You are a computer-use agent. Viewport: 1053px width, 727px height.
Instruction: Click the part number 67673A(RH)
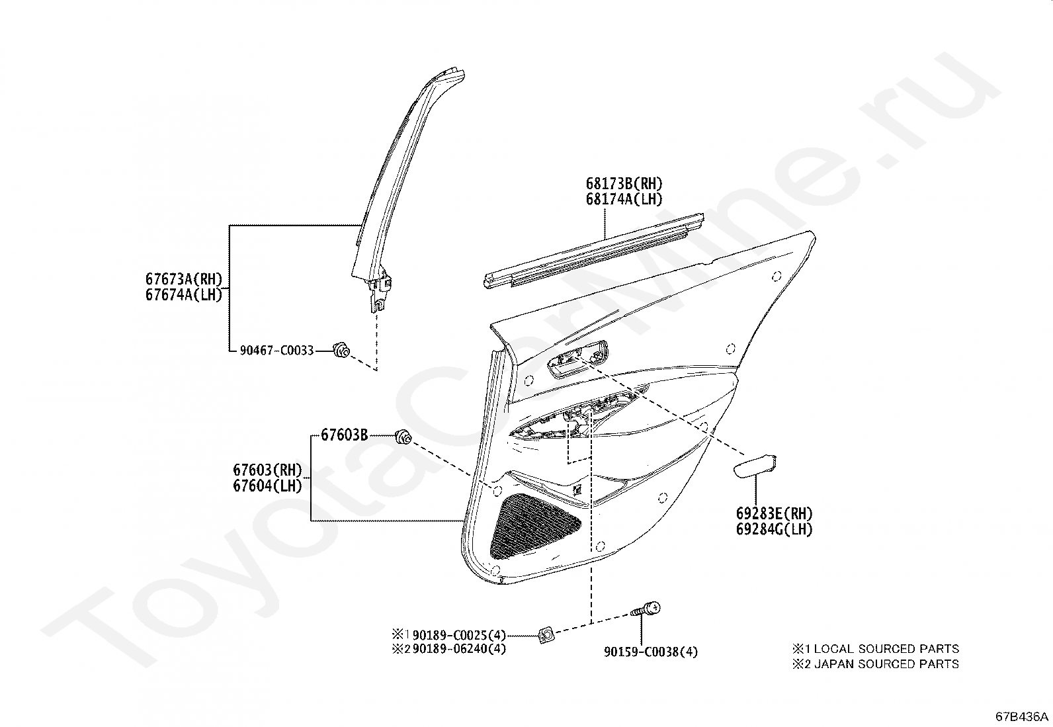184,278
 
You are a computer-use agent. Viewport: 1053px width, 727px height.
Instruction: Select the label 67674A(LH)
184,294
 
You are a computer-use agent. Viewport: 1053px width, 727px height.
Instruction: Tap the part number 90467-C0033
276,351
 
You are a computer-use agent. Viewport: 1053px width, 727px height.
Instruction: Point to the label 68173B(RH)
624,183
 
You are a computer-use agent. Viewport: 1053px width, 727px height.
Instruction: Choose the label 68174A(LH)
624,198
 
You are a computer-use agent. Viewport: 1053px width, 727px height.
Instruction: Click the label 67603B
345,435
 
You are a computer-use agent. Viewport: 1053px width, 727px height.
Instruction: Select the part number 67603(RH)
267,470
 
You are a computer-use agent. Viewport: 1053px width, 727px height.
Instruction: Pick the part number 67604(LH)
267,486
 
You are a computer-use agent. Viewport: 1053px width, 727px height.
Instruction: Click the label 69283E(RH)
774,513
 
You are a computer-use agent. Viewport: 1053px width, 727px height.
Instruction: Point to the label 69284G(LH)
774,529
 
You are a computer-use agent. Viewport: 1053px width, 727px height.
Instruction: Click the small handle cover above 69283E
755,466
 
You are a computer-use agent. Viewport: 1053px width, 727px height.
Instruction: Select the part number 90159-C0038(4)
650,652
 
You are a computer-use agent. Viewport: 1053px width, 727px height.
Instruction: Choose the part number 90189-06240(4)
459,649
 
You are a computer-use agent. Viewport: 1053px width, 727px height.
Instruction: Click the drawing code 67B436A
1023,716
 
